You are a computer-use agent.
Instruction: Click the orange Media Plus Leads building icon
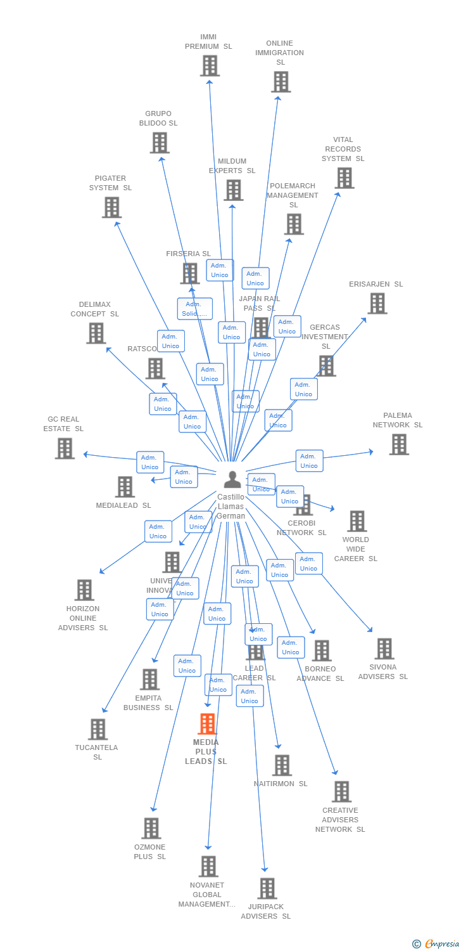[208, 723]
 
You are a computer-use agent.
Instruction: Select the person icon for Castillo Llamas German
[232, 479]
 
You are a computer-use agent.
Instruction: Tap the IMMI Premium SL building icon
[210, 65]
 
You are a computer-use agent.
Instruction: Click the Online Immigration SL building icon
[281, 82]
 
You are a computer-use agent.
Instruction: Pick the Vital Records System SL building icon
[344, 178]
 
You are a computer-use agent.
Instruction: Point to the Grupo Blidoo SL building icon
[160, 143]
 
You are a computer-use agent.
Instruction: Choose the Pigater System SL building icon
[111, 207]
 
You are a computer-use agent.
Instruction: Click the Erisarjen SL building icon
[377, 304]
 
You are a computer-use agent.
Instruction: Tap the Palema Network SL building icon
[399, 444]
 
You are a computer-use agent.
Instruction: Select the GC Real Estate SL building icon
[65, 448]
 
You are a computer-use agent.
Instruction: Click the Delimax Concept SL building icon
[96, 333]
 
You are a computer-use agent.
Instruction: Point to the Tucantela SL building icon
[98, 729]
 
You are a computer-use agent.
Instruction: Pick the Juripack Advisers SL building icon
[267, 888]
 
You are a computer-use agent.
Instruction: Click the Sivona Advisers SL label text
[383, 671]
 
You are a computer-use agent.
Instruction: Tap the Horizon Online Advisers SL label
[83, 618]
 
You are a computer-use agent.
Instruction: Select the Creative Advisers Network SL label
[340, 820]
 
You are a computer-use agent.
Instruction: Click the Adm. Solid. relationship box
[194, 309]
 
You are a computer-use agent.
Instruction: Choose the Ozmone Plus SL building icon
[151, 828]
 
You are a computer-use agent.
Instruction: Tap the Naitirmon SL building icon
[282, 765]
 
